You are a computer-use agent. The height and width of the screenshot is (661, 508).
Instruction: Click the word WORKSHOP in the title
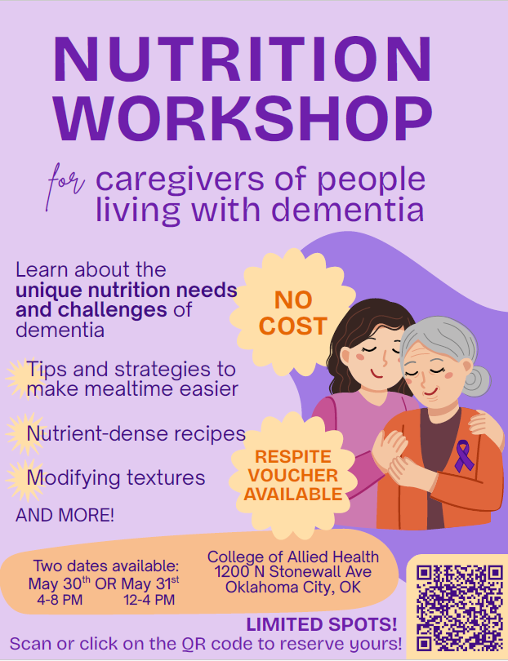point(243,119)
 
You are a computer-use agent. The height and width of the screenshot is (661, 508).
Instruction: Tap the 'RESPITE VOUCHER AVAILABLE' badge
point(292,475)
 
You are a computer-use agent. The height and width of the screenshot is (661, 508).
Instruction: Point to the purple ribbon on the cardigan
point(464,455)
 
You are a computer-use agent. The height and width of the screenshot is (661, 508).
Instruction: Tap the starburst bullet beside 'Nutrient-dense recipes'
point(18,433)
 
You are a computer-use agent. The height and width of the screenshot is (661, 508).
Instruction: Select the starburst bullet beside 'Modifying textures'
point(18,477)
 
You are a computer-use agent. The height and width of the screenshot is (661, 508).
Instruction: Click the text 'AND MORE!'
point(65,516)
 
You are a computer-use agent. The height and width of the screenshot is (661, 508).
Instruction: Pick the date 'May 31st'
point(150,583)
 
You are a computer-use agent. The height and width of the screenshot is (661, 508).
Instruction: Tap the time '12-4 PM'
point(149,600)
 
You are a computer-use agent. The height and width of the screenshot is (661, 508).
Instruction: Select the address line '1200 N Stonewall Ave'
point(293,572)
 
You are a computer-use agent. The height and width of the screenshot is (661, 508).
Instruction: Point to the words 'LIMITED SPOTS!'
point(322,625)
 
